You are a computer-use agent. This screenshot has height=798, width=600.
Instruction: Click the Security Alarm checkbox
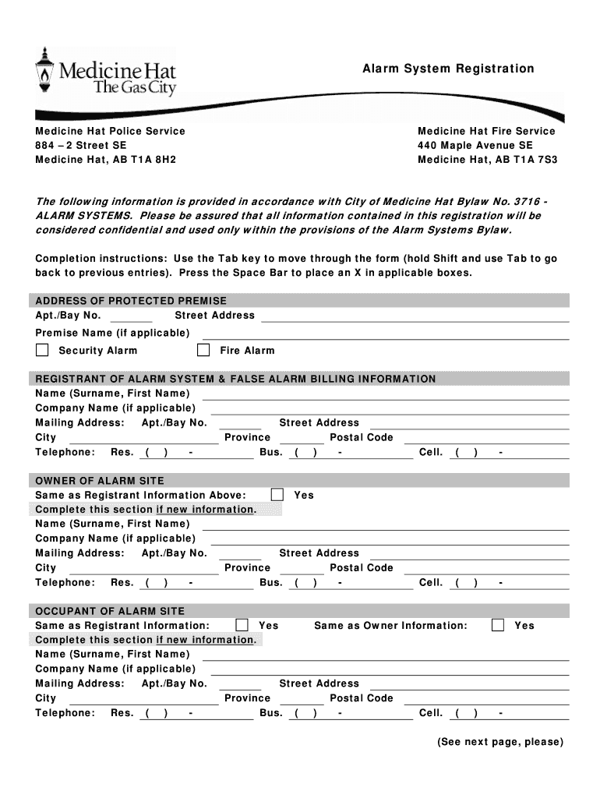tap(42, 350)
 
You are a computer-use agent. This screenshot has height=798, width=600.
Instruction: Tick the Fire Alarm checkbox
tap(203, 350)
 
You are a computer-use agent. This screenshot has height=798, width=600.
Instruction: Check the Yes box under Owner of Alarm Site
tap(277, 495)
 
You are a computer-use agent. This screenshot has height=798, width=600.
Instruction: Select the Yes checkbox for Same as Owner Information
tap(498, 625)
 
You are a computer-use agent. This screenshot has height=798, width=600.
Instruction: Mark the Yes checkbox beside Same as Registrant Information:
tap(242, 625)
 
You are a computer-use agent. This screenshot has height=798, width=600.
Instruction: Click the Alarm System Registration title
tap(448, 69)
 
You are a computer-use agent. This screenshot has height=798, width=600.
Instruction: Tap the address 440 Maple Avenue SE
tap(475, 145)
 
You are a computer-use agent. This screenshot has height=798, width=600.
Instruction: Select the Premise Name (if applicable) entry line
tap(382, 334)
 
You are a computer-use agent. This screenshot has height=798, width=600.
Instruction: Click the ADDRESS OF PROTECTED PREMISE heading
tap(131, 301)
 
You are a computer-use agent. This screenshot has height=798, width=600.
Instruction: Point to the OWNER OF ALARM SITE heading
tap(100, 481)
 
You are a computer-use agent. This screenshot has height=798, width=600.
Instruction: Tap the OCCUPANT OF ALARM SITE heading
tap(110, 611)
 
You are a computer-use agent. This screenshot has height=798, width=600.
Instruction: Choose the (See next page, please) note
tap(499, 742)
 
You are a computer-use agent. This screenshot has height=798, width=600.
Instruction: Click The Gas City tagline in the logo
tap(134, 87)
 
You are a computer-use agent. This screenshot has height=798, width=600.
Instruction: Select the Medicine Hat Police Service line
tap(110, 131)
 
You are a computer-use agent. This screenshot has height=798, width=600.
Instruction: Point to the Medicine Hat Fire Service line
tap(486, 131)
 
